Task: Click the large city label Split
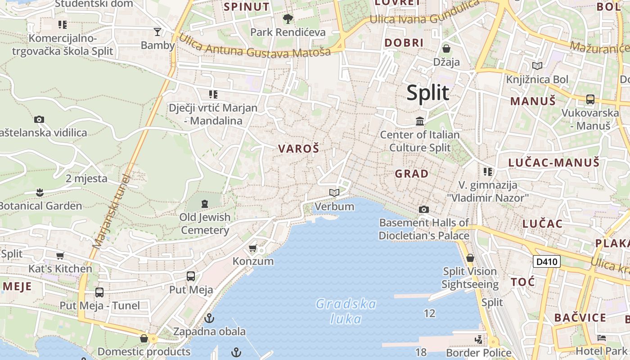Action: pyautogui.click(x=427, y=93)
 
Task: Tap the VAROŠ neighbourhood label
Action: pyautogui.click(x=298, y=148)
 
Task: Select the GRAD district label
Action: pyautogui.click(x=411, y=173)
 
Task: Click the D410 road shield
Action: pyautogui.click(x=546, y=261)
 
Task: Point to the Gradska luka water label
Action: pyautogui.click(x=346, y=311)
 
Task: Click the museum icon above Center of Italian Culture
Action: pyautogui.click(x=420, y=121)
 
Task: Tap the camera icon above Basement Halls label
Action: pyautogui.click(x=423, y=209)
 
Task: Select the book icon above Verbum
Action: pyautogui.click(x=334, y=193)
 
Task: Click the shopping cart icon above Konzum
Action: pyautogui.click(x=253, y=248)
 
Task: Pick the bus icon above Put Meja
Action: pyautogui.click(x=191, y=276)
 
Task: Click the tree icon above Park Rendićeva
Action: pyautogui.click(x=288, y=19)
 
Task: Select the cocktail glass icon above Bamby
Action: pyautogui.click(x=157, y=31)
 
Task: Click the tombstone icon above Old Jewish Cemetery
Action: pyautogui.click(x=205, y=204)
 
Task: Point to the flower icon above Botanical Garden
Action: pyautogui.click(x=40, y=193)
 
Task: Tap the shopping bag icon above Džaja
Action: pyautogui.click(x=446, y=49)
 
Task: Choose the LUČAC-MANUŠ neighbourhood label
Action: pyautogui.click(x=554, y=162)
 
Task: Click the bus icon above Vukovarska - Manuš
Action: pyautogui.click(x=590, y=99)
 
